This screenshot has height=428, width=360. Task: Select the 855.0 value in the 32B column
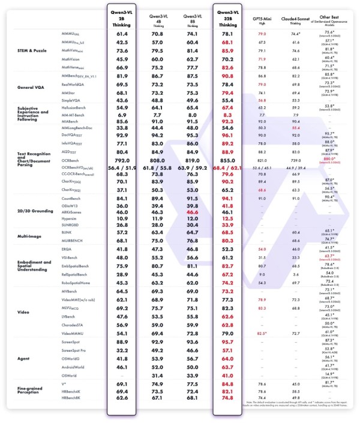pyautogui.click(x=227, y=161)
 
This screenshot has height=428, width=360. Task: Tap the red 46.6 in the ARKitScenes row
pyautogui.click(x=191, y=212)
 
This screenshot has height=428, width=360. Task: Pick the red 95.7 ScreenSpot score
pyautogui.click(x=227, y=340)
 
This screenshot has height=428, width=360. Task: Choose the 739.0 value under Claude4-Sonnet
pyautogui.click(x=295, y=161)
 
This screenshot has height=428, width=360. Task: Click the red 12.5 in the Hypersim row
pyautogui.click(x=227, y=219)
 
